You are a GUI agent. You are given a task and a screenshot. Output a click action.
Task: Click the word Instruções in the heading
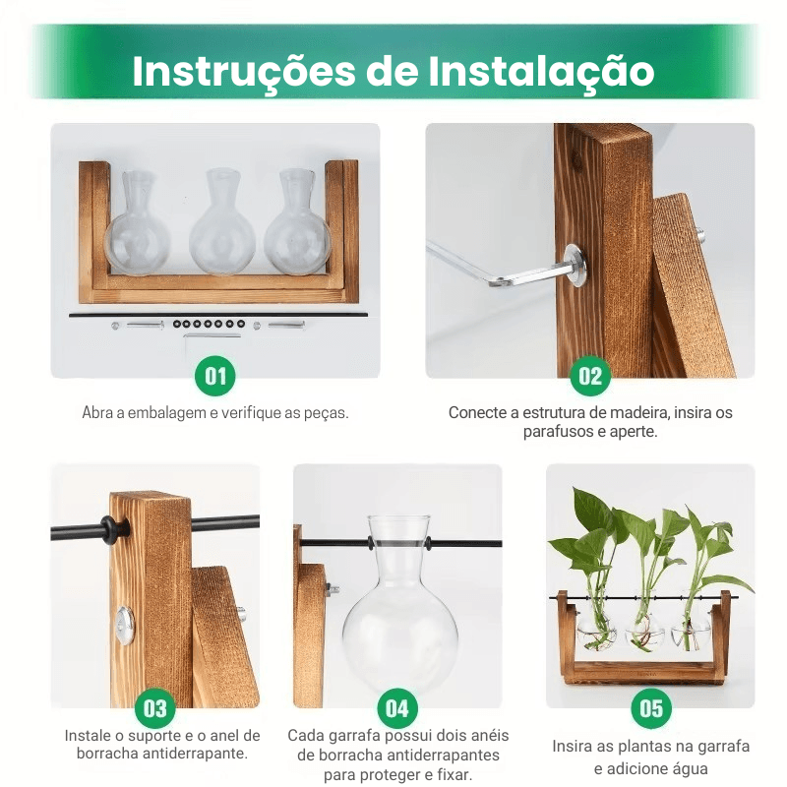244,72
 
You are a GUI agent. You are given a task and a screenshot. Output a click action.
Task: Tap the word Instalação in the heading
541,72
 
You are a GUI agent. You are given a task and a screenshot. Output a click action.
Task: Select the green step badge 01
215,376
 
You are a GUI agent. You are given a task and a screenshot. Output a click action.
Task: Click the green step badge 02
590,376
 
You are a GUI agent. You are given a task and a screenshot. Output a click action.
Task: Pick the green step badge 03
155,708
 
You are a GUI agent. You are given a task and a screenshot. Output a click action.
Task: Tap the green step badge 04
397,708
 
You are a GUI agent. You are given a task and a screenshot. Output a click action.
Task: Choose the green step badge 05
651,708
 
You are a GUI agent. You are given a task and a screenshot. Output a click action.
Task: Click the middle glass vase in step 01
221,222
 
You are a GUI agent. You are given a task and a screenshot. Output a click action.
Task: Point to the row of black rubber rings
209,325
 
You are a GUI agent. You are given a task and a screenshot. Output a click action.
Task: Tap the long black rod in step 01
217,315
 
